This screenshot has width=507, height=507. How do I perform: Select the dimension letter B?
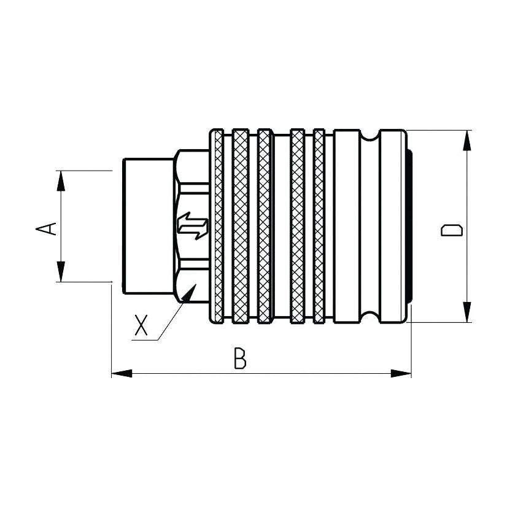pos(241,358)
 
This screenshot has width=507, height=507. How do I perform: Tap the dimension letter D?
pos(451,230)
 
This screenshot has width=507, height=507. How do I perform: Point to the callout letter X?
pos(142,325)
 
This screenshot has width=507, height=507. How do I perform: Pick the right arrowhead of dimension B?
pos(401,373)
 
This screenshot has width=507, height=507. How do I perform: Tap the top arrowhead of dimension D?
pos(468,141)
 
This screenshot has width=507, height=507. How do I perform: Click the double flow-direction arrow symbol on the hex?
pos(192,226)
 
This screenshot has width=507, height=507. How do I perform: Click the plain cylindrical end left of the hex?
pos(147,226)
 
